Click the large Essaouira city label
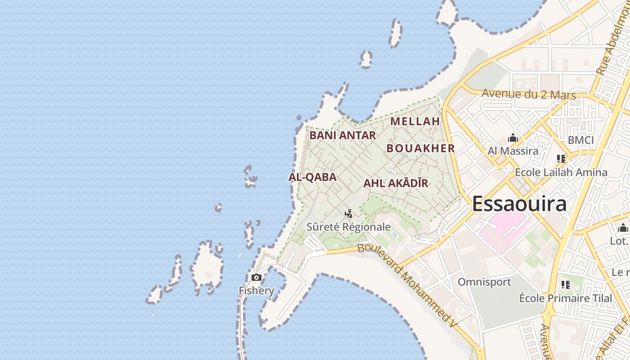tap(519, 204)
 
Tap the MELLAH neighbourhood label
tap(415, 121)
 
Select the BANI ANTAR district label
tap(342, 135)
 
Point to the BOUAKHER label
tap(421, 148)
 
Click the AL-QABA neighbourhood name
tap(312, 177)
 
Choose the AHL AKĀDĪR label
tap(396, 184)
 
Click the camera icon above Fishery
tap(256, 277)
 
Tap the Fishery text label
tap(256, 291)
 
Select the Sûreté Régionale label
tap(348, 227)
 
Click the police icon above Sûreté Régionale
tap(348, 213)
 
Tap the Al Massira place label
tap(513, 151)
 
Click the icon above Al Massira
tap(513, 138)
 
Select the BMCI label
tap(580, 140)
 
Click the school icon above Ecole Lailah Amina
tap(561, 158)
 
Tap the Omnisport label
tap(485, 282)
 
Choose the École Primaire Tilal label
tap(566, 298)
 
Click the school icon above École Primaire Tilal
tap(566, 284)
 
